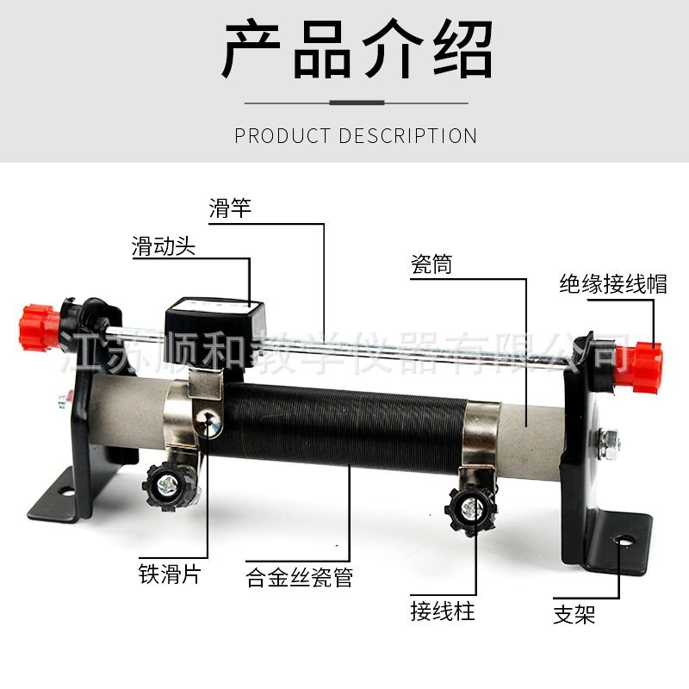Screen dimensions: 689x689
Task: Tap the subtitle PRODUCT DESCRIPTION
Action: pyautogui.click(x=356, y=136)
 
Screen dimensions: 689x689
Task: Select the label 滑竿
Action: pyautogui.click(x=230, y=209)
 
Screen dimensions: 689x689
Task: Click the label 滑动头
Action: pyautogui.click(x=164, y=247)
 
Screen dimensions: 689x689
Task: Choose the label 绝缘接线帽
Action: pyautogui.click(x=612, y=283)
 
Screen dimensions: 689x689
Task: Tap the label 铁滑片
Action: pyautogui.click(x=170, y=574)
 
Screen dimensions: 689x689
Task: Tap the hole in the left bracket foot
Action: pyautogui.click(x=66, y=493)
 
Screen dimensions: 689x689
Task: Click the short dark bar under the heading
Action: pyautogui.click(x=357, y=102)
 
